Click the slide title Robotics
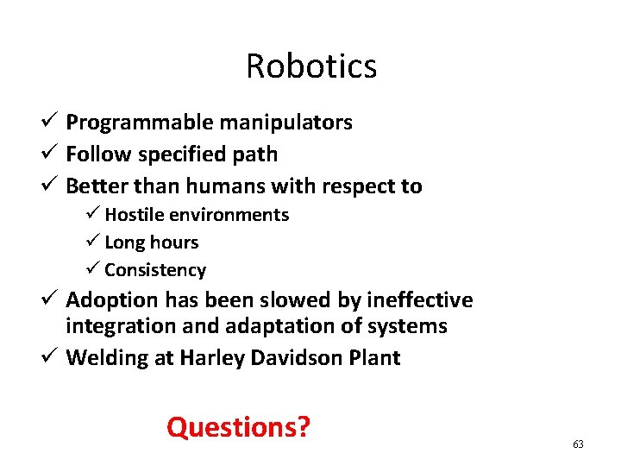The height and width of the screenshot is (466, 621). click(x=311, y=66)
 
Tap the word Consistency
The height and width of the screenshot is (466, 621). click(x=155, y=270)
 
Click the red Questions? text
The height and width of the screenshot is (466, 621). click(x=239, y=426)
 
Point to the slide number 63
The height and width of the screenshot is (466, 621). click(x=578, y=444)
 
